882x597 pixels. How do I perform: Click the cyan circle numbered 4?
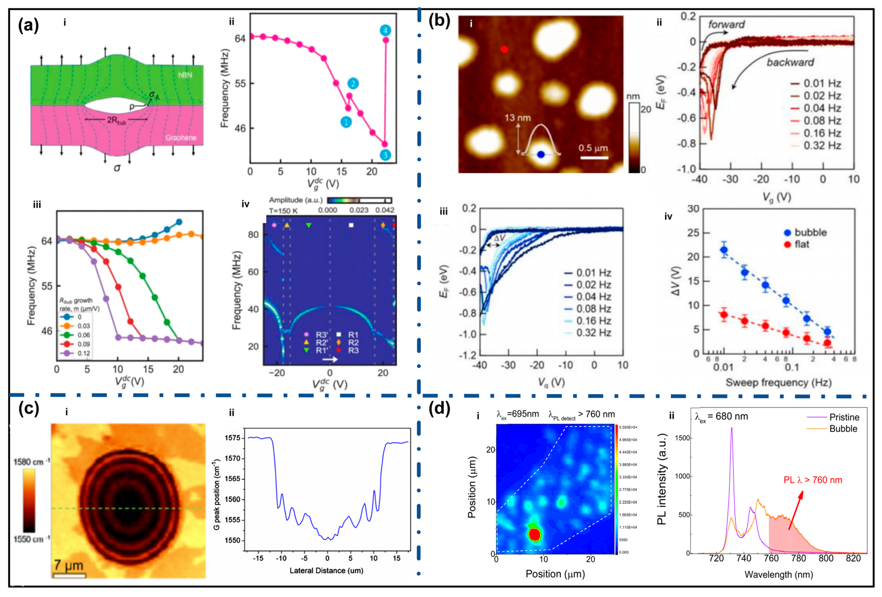385,30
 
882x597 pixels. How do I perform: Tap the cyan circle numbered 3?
385,155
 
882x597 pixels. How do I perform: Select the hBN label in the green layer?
185,75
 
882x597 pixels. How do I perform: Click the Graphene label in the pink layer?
181,138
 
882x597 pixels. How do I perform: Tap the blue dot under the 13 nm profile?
541,154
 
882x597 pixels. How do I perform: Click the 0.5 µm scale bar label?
593,148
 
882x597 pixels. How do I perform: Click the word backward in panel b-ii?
790,62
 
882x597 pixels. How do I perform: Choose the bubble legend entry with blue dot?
810,232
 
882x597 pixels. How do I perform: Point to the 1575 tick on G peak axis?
232,438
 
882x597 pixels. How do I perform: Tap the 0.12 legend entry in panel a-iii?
84,353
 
